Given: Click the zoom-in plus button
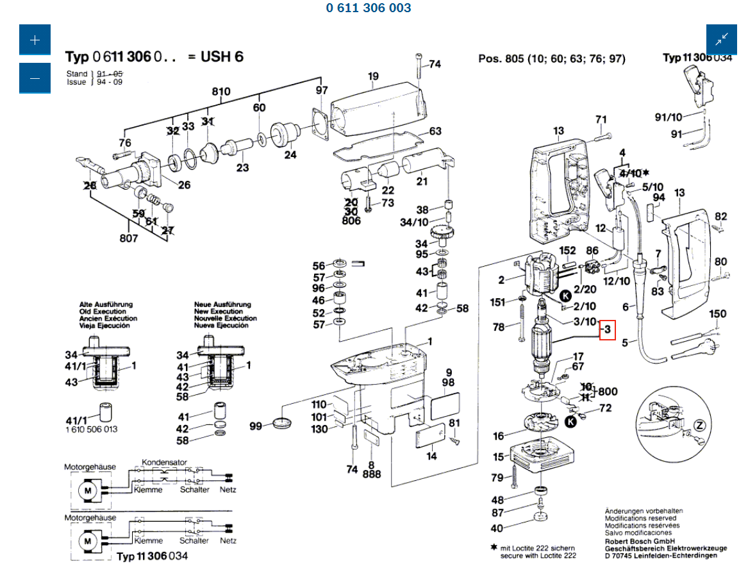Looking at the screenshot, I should tap(35, 40).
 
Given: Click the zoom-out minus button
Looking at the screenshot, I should tap(35, 78).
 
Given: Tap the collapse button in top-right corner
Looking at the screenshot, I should tap(722, 40).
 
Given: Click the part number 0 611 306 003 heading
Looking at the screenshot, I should tap(369, 8).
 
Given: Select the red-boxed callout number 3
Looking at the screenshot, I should tap(607, 330).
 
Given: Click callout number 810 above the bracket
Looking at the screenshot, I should tap(221, 92).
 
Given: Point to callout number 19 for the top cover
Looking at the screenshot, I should tap(374, 76).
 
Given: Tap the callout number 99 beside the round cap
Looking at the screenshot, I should tap(256, 426).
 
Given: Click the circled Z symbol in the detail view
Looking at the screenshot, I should tap(700, 424).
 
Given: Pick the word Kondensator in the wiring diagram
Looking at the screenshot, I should tap(164, 462).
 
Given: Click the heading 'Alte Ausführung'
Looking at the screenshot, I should tap(106, 305).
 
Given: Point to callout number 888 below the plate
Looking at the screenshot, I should tap(372, 474).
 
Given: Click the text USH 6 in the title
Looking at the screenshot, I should tap(222, 56).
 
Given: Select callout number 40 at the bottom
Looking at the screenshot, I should tap(497, 528).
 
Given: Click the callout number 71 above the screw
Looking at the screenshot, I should tap(601, 119).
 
